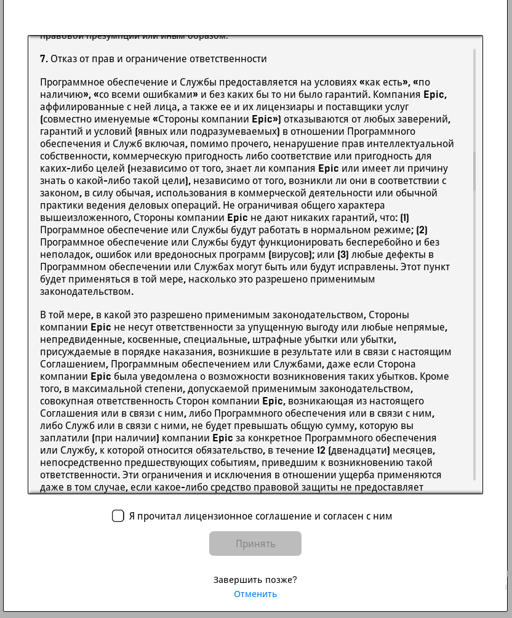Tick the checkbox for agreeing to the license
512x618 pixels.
tap(118, 516)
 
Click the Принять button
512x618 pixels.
tap(255, 544)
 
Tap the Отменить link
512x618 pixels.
tap(255, 594)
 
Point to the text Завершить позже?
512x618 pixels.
tap(255, 580)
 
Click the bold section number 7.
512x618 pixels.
tap(43, 59)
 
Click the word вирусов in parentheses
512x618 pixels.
tap(290, 255)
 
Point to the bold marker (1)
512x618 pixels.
tap(404, 218)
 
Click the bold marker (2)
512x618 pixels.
tap(422, 230)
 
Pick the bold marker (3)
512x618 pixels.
tap(343, 255)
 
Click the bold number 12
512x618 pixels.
tap(321, 451)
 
